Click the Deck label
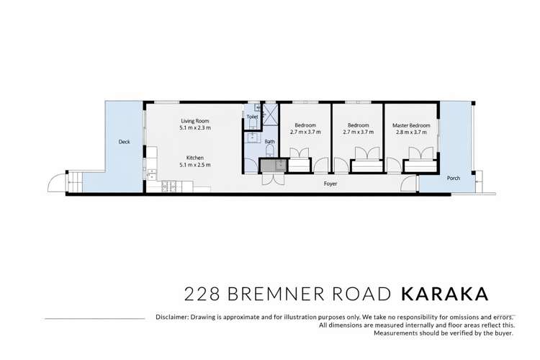pos(124,143)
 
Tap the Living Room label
pos(194,120)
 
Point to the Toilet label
pos(252,117)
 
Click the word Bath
pos(269,142)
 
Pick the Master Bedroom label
pos(411,125)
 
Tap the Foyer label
pos(330,184)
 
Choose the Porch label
pos(454,178)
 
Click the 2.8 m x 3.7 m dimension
pos(411,132)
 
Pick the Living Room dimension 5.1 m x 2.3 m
pos(194,127)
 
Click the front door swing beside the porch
pos(409,183)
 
